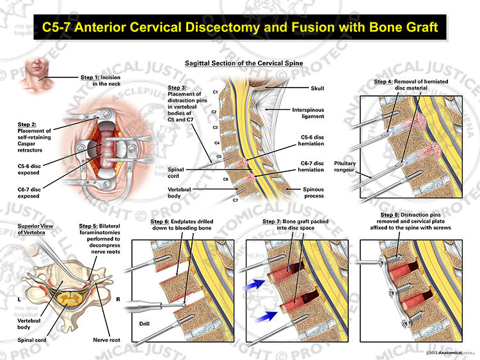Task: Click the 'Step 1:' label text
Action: [x=90, y=77]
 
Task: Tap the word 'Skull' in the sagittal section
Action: [x=317, y=88]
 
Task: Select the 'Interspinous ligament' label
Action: [x=308, y=113]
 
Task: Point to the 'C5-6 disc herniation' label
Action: [x=310, y=141]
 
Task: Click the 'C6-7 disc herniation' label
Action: [x=310, y=166]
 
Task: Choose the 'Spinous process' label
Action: [x=313, y=192]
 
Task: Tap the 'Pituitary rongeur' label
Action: [x=344, y=166]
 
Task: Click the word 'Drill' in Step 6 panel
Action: [x=144, y=324]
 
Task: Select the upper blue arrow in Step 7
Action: [x=253, y=285]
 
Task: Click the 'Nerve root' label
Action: [x=106, y=340]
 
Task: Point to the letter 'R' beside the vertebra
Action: [x=118, y=299]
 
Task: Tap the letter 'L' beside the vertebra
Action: [x=19, y=299]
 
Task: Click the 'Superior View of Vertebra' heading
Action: [x=35, y=229]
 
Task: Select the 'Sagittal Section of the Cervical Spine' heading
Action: [x=244, y=63]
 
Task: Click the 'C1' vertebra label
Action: [x=215, y=92]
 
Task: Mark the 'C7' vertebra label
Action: [x=235, y=200]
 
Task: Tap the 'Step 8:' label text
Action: [x=390, y=215]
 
